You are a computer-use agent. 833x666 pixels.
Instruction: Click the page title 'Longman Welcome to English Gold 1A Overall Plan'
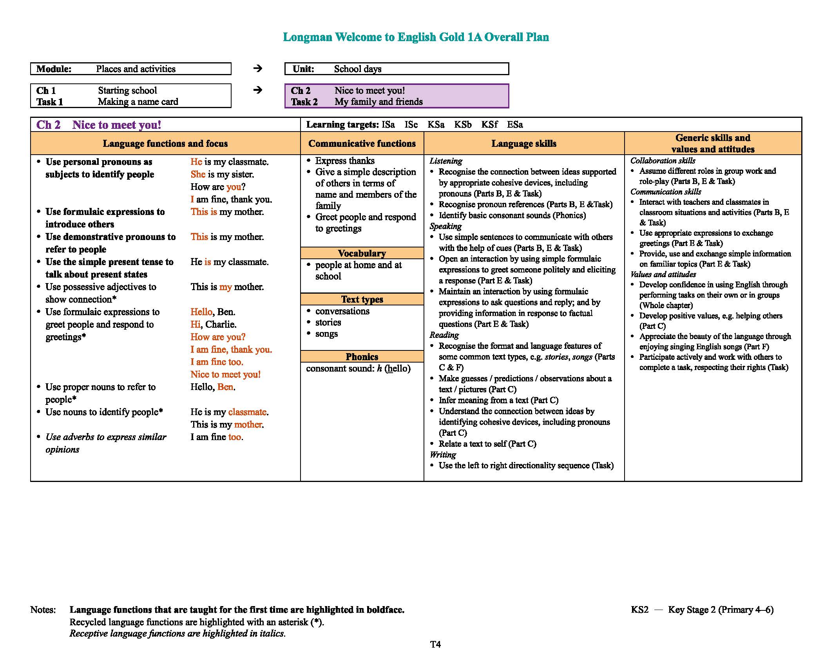point(416,37)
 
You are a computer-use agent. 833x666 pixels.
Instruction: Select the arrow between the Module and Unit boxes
point(257,69)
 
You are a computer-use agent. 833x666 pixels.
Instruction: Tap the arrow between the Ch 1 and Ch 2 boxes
point(257,90)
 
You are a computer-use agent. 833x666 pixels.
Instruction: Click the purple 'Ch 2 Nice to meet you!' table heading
point(99,125)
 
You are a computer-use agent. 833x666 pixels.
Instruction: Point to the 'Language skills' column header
point(523,144)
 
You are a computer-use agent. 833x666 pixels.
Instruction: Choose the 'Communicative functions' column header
point(362,144)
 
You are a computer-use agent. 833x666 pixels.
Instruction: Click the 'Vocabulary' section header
point(362,253)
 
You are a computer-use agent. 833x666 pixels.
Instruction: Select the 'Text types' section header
point(362,300)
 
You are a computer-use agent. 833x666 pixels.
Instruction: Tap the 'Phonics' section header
point(362,357)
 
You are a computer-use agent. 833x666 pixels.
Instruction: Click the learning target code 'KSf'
point(489,125)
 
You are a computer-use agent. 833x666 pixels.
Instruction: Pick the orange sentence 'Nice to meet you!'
point(225,374)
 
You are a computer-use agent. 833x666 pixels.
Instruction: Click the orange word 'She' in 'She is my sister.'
point(198,174)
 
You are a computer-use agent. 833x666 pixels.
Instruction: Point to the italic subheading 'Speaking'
point(445,226)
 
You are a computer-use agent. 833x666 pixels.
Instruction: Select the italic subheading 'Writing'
point(443,455)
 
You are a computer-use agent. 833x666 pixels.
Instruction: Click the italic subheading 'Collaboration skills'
point(663,161)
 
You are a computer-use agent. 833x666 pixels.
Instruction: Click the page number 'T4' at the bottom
point(435,644)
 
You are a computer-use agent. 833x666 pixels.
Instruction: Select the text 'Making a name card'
point(138,102)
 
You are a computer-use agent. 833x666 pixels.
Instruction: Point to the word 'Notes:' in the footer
point(43,610)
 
